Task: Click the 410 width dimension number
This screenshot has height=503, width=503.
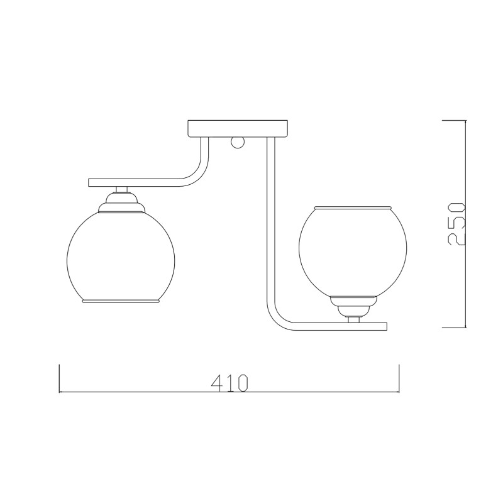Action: (x=229, y=383)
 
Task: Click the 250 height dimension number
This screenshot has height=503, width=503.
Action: (x=456, y=224)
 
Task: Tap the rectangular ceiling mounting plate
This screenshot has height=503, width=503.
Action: (x=238, y=129)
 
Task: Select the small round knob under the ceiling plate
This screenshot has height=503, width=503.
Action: (x=238, y=143)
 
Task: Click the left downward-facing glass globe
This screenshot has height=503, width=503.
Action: (x=121, y=257)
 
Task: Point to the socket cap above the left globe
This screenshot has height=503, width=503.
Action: (x=121, y=202)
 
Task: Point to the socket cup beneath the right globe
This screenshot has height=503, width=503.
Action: (x=353, y=306)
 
